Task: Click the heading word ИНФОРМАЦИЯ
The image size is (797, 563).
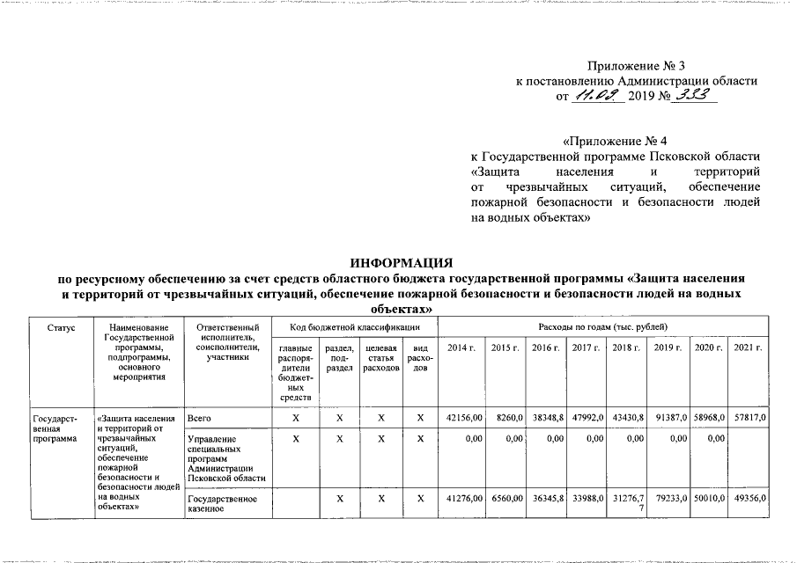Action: [401, 262]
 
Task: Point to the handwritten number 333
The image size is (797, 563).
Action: [693, 96]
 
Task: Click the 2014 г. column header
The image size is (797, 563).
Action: [461, 348]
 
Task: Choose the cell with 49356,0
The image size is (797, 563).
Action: [751, 499]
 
